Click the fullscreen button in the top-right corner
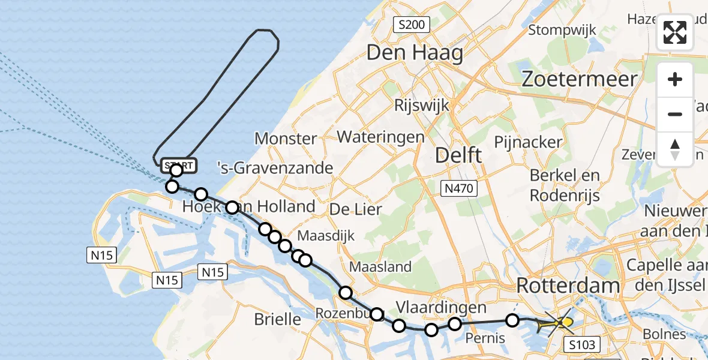click(675, 32)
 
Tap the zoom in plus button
click(675, 79)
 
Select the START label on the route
click(178, 165)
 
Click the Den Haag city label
click(414, 53)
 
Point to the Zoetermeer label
click(579, 79)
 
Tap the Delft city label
click(458, 155)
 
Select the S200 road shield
click(411, 25)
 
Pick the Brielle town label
click(277, 319)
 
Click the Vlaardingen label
click(442, 307)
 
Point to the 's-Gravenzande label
click(282, 167)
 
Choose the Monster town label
click(286, 139)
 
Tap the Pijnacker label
click(528, 142)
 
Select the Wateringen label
click(380, 137)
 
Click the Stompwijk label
click(562, 29)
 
